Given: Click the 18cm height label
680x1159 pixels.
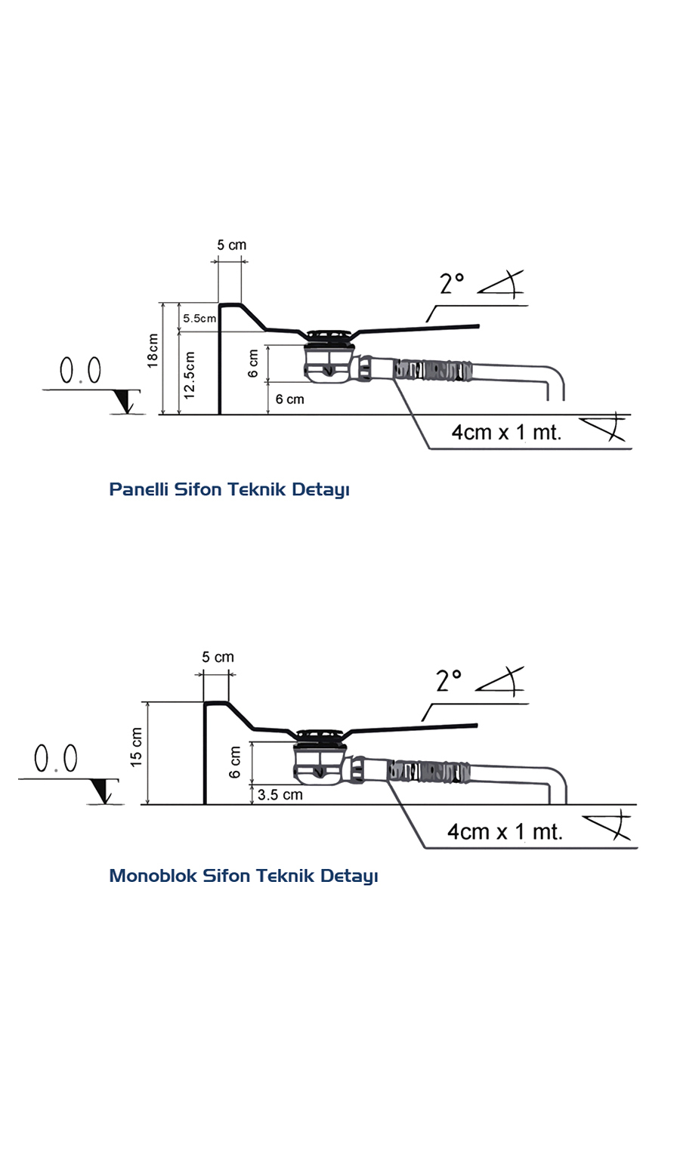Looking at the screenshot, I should tap(153, 350).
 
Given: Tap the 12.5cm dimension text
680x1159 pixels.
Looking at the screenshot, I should tap(190, 375).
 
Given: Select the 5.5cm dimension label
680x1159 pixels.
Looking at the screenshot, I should tap(199, 319).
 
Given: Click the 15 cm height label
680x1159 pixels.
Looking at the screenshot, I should tap(137, 747).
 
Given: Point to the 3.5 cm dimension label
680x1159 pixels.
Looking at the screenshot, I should tap(280, 795).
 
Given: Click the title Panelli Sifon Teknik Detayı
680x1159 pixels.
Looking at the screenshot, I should tap(229, 489).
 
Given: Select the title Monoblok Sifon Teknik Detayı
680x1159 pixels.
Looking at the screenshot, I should tap(243, 876).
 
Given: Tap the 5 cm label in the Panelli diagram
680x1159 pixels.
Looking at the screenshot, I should tap(231, 245).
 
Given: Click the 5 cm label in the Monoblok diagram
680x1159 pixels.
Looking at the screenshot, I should tap(218, 658).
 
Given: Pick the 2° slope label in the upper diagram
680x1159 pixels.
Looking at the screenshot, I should tap(452, 284).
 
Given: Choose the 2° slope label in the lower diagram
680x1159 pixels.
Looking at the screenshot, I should tap(449, 681).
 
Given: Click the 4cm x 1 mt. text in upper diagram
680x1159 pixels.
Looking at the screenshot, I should tap(506, 433).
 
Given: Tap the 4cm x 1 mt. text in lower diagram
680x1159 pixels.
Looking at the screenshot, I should tap(505, 832).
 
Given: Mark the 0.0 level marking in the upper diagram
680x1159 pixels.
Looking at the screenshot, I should tap(80, 371).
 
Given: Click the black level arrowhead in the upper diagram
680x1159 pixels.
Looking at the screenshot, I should tap(125, 402).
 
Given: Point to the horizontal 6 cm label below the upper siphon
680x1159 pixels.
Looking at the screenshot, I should tap(289, 399).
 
